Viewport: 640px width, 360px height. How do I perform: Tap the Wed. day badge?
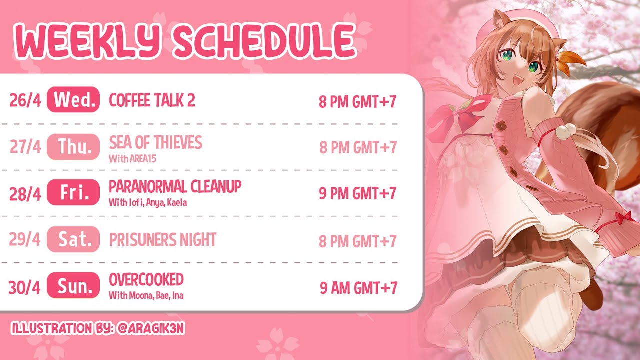73,99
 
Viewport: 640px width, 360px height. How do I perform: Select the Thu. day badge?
73,147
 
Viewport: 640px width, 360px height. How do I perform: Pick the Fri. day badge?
73,192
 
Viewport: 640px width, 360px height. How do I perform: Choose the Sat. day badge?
73,239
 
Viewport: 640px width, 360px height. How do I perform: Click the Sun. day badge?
73,285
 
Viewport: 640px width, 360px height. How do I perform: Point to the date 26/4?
25,100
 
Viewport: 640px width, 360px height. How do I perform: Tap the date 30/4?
24,287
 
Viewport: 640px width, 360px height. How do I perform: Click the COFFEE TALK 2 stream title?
152,100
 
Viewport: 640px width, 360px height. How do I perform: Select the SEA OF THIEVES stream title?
155,142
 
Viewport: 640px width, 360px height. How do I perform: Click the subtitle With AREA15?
132,159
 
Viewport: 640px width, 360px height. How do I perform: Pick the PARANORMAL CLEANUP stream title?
175,186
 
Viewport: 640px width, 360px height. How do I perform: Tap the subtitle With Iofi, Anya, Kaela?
148,203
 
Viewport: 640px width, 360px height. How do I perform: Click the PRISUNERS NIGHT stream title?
163,239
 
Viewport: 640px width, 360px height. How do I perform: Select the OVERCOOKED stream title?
146,279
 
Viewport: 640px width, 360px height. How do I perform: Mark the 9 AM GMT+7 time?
359,287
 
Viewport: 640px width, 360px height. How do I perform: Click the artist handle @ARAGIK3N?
151,328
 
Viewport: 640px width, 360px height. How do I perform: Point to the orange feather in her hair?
571,61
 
